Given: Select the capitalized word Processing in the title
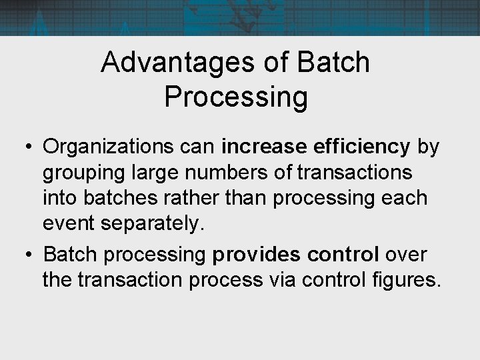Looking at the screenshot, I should pos(236,97).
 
